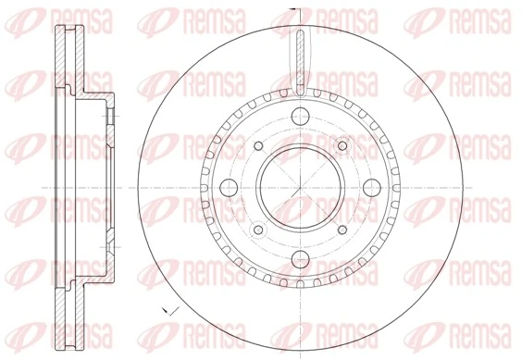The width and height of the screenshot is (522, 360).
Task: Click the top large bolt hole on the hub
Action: point(301,117)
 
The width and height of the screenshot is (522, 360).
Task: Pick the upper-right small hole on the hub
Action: point(342,145)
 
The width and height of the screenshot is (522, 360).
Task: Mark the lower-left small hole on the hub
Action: point(258,230)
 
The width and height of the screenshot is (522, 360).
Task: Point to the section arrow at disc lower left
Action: point(165,309)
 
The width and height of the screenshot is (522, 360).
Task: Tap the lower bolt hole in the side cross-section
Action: point(110,242)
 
